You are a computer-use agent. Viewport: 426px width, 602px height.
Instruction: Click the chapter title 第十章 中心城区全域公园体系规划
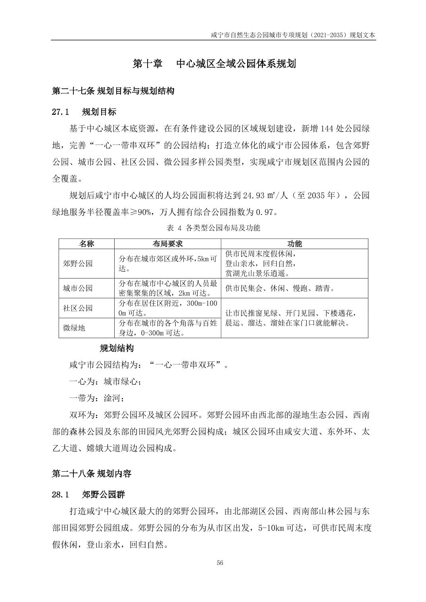(x=214, y=64)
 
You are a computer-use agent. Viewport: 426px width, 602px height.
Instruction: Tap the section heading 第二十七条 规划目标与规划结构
(x=113, y=91)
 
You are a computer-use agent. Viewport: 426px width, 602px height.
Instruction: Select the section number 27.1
(x=61, y=112)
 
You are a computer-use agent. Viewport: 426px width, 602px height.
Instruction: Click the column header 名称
(x=86, y=244)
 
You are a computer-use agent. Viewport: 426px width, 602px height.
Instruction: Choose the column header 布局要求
(x=167, y=244)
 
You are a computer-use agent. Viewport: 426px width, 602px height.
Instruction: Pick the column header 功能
(x=294, y=244)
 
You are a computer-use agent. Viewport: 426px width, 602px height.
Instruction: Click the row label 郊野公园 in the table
(x=78, y=263)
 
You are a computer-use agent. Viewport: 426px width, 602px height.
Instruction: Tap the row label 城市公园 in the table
(x=78, y=288)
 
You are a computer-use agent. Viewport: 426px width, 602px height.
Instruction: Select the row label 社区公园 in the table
(x=78, y=308)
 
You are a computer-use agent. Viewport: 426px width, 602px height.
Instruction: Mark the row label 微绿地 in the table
(x=74, y=328)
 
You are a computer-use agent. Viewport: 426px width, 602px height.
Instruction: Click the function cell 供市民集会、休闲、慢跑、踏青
(x=280, y=288)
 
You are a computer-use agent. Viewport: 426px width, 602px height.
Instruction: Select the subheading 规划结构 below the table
(x=117, y=348)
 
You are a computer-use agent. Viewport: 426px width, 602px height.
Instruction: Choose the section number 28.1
(x=61, y=495)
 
